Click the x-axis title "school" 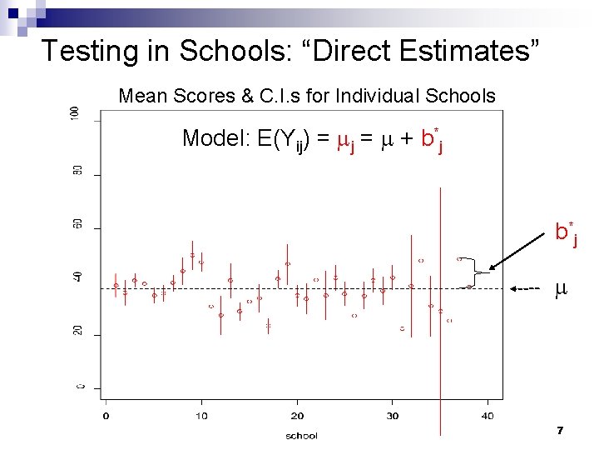pyautogui.click(x=300, y=435)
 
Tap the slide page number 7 pyautogui.click(x=560, y=430)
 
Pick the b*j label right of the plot pyautogui.click(x=567, y=232)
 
